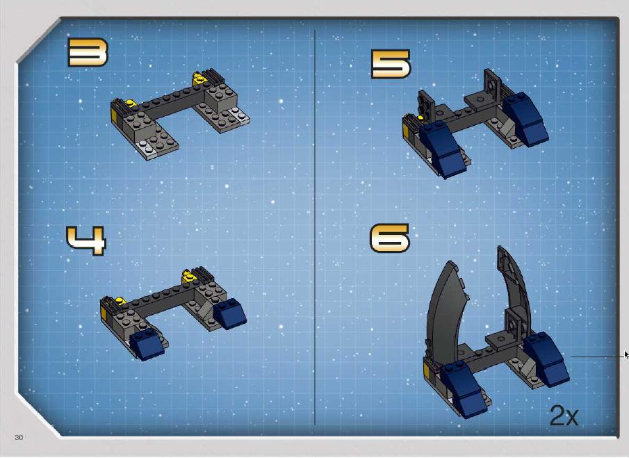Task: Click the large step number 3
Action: click(88, 52)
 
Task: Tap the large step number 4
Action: click(86, 240)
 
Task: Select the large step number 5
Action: click(391, 64)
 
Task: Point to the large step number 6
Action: click(389, 238)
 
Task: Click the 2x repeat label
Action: click(564, 415)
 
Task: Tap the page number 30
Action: click(19, 438)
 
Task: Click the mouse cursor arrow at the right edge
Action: click(627, 355)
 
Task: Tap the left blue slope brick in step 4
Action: click(147, 344)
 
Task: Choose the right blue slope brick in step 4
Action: click(230, 313)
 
